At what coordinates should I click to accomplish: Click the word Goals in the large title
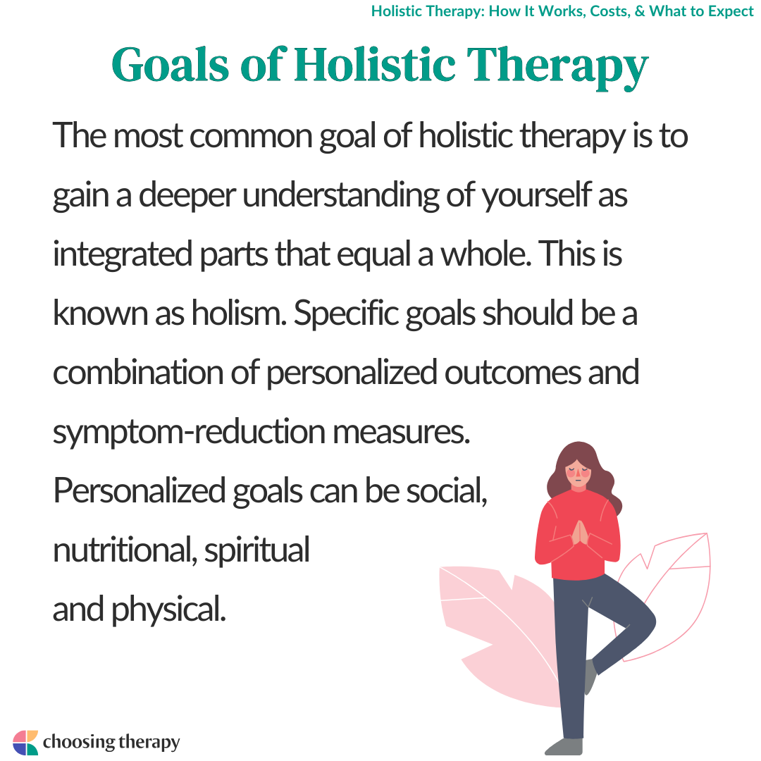(170, 65)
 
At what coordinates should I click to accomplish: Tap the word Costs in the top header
(610, 11)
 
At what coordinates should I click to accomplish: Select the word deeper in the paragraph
(187, 196)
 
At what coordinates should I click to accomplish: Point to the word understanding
(340, 196)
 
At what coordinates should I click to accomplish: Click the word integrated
(123, 255)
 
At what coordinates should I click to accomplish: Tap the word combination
(138, 373)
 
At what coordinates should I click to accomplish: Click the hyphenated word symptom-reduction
(189, 433)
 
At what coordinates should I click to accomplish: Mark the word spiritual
(256, 551)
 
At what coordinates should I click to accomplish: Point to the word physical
(169, 610)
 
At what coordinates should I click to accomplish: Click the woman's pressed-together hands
(580, 533)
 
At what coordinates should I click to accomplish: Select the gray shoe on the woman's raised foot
(590, 676)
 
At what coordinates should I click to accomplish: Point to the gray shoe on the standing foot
(564, 746)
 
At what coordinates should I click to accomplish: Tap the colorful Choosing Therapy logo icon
(25, 743)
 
